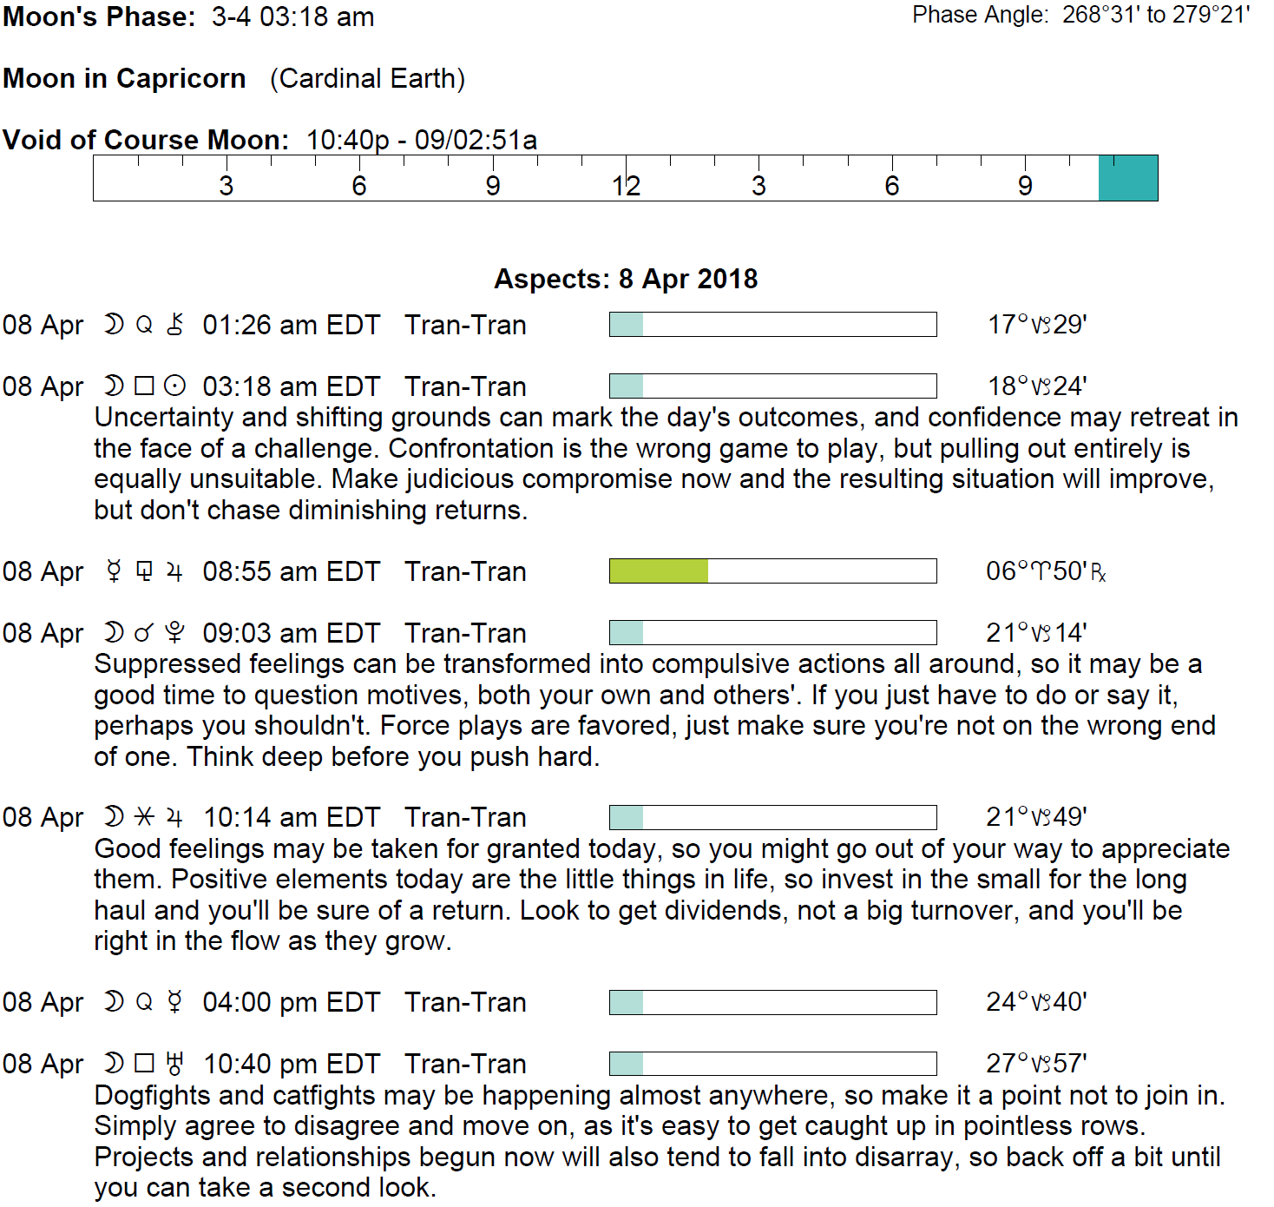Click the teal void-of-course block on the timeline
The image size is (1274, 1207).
coord(1127,178)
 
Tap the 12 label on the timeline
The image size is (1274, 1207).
coord(626,186)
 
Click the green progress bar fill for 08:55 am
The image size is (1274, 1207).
coord(659,571)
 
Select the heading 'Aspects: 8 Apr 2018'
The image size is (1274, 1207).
coord(626,279)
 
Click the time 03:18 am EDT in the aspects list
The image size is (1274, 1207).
coord(291,386)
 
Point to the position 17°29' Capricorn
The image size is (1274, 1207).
coord(1037,325)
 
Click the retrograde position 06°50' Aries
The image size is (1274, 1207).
coord(1045,571)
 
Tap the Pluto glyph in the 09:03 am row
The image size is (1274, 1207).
coord(174,633)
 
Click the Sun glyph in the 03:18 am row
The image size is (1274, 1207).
coord(174,386)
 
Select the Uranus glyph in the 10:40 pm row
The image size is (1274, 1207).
coord(174,1064)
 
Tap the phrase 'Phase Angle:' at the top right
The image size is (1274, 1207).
coord(981,15)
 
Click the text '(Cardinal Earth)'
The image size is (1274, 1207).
coord(367,79)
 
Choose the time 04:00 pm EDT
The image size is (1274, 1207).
coord(291,1002)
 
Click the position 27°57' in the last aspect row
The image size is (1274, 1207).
coord(1036,1064)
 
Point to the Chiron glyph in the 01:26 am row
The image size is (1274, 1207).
coord(174,325)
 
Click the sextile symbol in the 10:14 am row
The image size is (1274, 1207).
coord(145,817)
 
